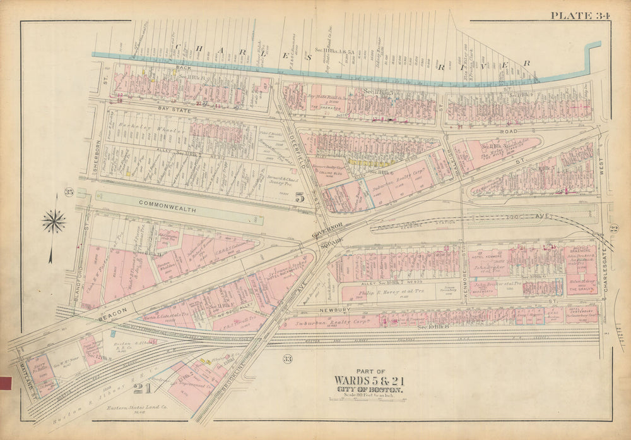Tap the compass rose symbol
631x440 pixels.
click(54, 221)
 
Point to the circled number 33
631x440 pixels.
click(287, 360)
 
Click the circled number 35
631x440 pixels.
click(69, 192)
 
